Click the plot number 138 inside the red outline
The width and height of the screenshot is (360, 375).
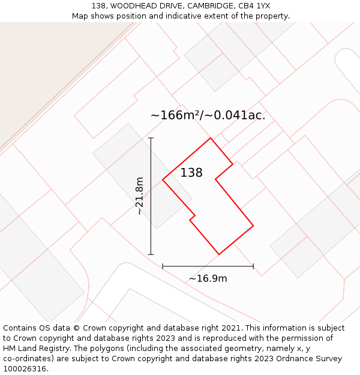[191, 173]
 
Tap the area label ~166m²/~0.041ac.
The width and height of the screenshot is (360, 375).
[208, 115]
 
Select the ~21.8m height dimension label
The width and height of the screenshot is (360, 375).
[139, 196]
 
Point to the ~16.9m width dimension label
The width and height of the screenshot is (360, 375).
[208, 278]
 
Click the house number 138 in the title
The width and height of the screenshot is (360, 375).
[99, 6]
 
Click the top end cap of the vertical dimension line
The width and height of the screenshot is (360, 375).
[151, 138]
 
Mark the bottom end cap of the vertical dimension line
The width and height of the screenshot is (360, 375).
[151, 254]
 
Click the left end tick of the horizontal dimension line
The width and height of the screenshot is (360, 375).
[163, 266]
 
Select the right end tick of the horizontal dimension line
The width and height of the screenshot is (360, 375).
[253, 266]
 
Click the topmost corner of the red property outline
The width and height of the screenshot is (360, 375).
[210, 138]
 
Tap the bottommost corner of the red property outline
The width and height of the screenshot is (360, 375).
[219, 254]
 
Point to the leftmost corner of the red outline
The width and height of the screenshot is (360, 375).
[163, 179]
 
